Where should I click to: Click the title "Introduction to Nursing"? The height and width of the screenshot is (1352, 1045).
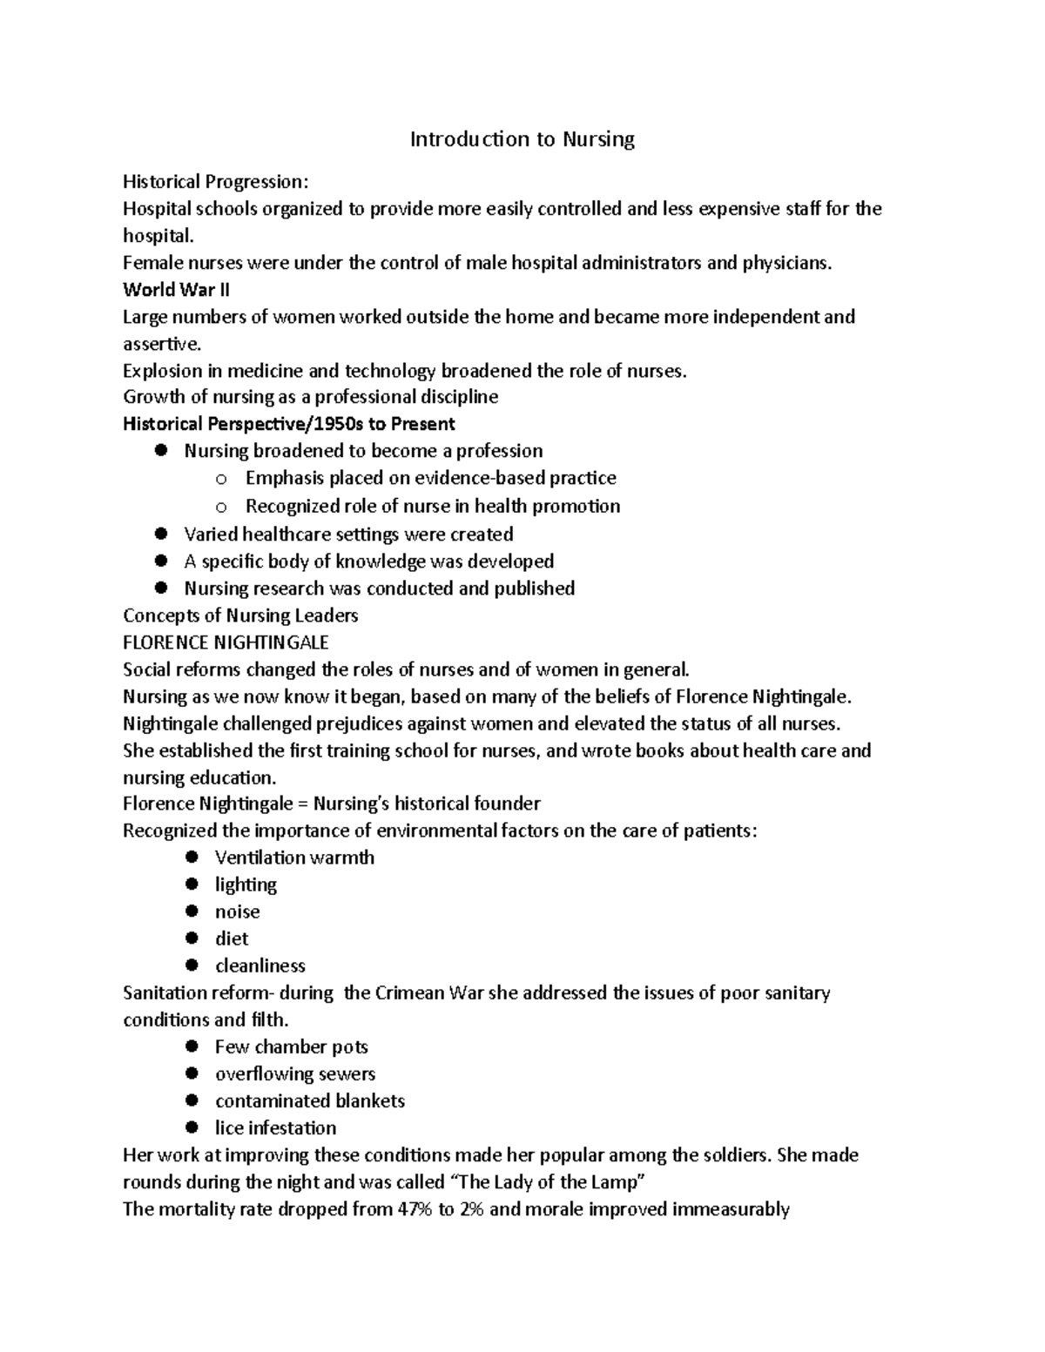(522, 139)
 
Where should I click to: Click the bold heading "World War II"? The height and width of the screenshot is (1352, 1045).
(176, 290)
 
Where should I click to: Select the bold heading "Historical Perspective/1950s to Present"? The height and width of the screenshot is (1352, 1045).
(288, 424)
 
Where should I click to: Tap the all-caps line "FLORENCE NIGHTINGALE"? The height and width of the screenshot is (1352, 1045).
(226, 642)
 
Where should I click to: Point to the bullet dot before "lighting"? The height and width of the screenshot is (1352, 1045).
(192, 885)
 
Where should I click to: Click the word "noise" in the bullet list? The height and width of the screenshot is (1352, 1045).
(237, 911)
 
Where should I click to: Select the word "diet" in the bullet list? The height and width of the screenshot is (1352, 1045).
(232, 938)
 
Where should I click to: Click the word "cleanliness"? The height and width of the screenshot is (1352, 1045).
(260, 965)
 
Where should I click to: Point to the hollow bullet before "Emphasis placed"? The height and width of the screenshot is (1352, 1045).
(221, 479)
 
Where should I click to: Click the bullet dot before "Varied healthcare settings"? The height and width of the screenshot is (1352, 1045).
(160, 534)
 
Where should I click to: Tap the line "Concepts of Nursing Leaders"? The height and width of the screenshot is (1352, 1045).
(240, 615)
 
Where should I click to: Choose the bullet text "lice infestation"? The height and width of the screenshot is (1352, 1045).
(275, 1128)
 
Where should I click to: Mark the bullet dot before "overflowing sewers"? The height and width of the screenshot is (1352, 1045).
(192, 1074)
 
